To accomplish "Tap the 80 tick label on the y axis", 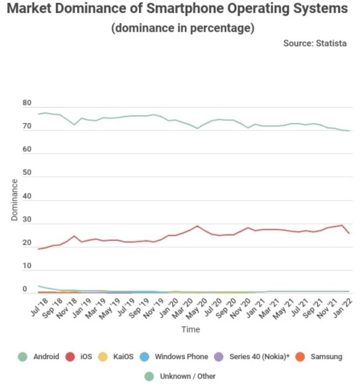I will pos(26,104).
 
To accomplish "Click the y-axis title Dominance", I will pos(14,200).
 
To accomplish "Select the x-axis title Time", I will pos(191,329).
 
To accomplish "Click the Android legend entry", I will pos(39,356).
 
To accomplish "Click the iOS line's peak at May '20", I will pos(198,226).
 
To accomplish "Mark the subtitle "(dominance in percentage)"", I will pos(182,28).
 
